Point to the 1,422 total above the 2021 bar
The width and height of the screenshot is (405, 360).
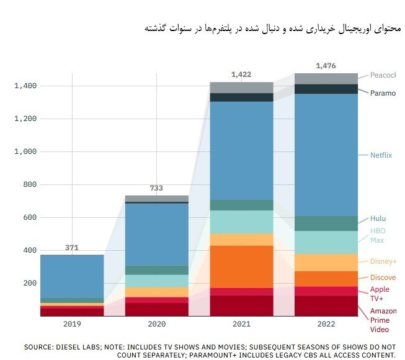tap(241, 74)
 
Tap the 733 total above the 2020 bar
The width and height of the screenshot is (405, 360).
tap(156, 188)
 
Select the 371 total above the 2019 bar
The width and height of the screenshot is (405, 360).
tap(72, 248)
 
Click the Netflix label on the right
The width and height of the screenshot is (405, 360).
tap(381, 155)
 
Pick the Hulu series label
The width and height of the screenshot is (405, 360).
tap(378, 218)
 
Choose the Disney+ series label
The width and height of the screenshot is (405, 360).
tap(383, 261)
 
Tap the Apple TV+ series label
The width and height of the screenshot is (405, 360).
tap(380, 293)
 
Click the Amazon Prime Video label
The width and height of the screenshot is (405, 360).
tap(383, 320)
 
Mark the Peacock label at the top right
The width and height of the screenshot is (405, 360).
tap(383, 75)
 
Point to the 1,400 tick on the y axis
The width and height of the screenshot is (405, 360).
tap(25, 86)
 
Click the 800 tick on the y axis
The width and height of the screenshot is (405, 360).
tap(29, 184)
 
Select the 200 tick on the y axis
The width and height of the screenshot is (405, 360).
tap(29, 283)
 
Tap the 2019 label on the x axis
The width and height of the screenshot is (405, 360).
tap(72, 324)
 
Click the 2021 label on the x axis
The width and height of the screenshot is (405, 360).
tap(241, 324)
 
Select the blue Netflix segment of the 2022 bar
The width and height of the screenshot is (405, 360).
tap(326, 155)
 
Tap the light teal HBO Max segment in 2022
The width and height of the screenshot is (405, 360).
tap(326, 243)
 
